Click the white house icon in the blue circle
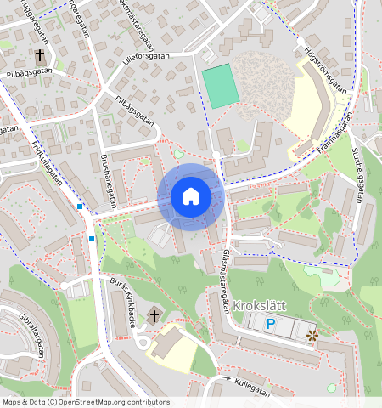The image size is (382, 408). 191,197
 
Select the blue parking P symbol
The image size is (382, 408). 271,324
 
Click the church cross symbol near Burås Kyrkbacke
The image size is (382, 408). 154,316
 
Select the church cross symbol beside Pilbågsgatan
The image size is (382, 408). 40,56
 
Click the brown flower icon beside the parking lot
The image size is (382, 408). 312,337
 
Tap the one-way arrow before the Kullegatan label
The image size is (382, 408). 224,377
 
